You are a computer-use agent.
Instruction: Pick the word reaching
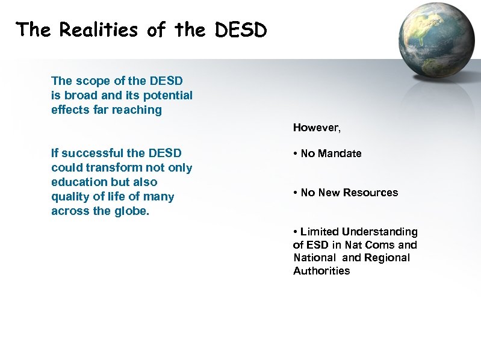coord(138,110)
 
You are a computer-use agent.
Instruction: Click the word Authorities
coord(321,271)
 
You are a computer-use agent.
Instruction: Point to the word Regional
coord(386,258)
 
